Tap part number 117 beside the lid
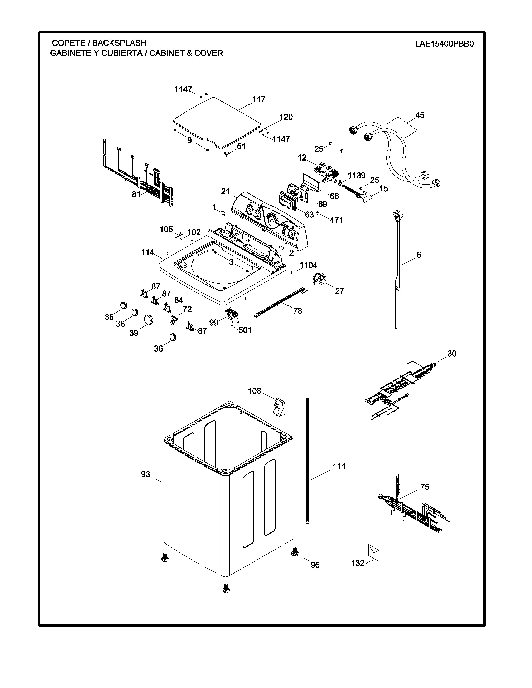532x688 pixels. click(259, 99)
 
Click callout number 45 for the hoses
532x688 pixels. click(420, 115)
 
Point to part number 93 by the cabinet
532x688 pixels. click(146, 474)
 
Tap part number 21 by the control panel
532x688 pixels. click(225, 191)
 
